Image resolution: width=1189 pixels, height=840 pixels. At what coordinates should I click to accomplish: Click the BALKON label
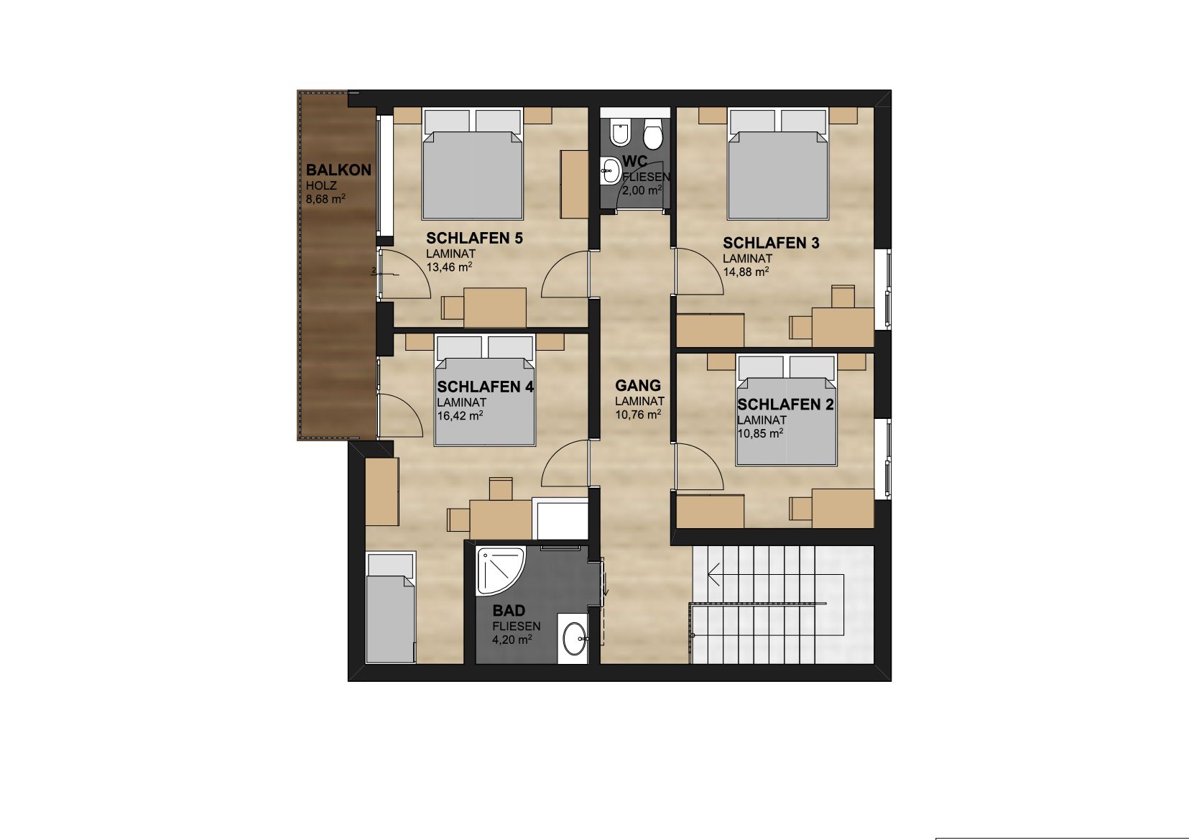point(338,170)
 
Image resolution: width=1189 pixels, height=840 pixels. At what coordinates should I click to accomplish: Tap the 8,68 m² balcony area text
point(325,199)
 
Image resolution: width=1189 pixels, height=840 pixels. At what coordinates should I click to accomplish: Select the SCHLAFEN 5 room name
point(475,239)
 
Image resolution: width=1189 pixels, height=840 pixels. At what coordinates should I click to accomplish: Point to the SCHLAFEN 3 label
point(771,243)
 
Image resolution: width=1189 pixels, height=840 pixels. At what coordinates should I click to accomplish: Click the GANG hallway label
point(638,385)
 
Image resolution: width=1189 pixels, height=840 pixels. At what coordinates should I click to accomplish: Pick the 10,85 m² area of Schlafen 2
point(760,433)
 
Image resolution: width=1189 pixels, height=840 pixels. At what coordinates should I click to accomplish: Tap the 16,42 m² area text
point(460,416)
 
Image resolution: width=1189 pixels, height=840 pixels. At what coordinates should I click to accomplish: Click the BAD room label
point(509,610)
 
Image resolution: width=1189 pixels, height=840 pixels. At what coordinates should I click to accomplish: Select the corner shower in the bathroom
point(500,571)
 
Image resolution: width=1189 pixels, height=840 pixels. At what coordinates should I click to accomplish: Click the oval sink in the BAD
point(574,639)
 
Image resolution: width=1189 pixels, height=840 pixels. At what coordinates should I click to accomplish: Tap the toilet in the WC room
point(652,134)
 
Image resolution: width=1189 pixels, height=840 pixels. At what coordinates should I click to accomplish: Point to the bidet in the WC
point(619,134)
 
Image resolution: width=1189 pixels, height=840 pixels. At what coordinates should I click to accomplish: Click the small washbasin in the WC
point(611,171)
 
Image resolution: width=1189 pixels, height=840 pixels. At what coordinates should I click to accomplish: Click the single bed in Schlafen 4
point(390,607)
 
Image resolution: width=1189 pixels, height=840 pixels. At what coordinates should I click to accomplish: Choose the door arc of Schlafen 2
point(698,466)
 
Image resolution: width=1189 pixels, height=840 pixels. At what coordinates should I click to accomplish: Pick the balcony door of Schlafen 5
point(404,274)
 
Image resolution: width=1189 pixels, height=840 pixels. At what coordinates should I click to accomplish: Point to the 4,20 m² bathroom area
point(512,640)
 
